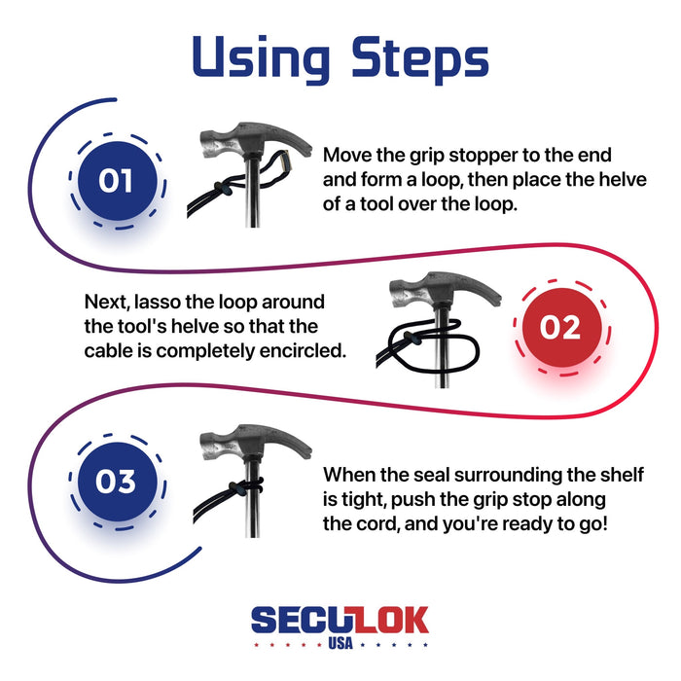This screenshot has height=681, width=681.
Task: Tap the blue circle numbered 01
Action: tap(117, 181)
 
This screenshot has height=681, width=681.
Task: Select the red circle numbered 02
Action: tap(559, 328)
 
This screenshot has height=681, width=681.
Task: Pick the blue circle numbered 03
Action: tap(117, 481)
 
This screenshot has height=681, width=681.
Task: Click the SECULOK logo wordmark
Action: tap(340, 621)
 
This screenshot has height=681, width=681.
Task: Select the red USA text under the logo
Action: tap(340, 644)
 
